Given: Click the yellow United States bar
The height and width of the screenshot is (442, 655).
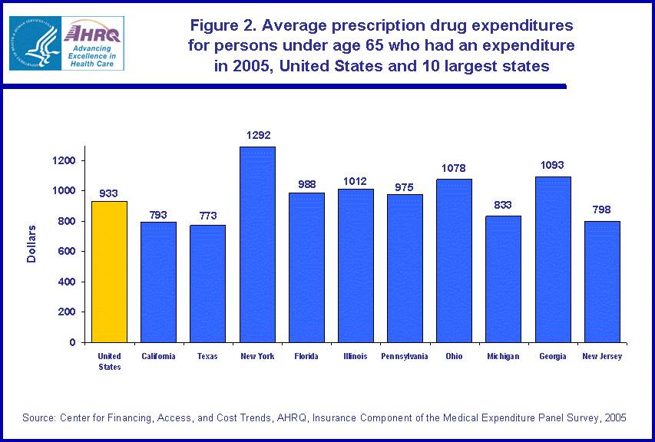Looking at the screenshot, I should [109, 272].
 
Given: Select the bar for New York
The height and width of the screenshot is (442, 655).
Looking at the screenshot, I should [257, 244].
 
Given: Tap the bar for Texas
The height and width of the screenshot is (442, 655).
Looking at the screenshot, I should [208, 283].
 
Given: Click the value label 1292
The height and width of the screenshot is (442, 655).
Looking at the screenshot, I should [258, 136].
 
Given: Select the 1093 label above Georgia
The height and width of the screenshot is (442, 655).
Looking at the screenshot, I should [553, 166].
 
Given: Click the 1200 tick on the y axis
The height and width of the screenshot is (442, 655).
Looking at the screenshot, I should [64, 161].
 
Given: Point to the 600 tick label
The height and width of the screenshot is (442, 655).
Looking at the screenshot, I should [67, 252].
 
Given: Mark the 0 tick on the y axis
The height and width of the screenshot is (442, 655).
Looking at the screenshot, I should [73, 342].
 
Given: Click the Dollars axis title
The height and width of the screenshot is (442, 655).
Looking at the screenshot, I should [31, 243].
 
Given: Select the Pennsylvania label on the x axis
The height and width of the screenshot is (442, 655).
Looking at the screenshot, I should [405, 356].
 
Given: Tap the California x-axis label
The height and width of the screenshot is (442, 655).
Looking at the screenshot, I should [158, 356].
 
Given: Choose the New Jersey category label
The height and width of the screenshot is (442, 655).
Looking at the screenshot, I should [602, 356].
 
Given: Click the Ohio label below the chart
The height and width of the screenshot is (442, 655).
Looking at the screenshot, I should [454, 356].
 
